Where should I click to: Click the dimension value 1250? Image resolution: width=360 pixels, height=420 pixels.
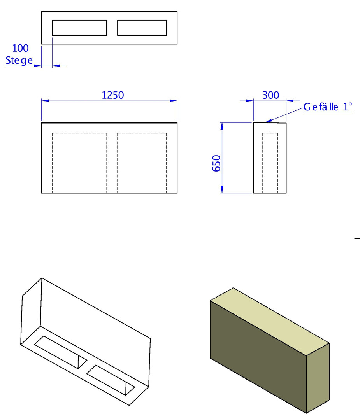click(x=113, y=95)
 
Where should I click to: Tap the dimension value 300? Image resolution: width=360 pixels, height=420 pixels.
click(x=271, y=95)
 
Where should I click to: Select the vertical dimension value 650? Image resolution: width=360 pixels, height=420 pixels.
click(x=216, y=163)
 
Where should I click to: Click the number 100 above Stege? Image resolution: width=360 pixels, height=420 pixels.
click(x=20, y=48)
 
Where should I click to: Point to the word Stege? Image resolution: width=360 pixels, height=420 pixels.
click(x=19, y=61)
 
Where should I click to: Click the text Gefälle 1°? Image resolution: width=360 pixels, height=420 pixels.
click(x=328, y=107)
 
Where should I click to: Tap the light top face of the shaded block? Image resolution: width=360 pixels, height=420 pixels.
click(x=269, y=322)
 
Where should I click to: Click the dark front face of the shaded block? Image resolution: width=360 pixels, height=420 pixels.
click(x=258, y=357)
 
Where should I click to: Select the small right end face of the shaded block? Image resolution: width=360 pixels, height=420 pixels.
click(x=318, y=378)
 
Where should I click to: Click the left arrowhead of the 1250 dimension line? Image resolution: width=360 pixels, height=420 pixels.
click(x=45, y=101)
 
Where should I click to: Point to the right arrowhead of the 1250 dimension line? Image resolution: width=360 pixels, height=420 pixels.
click(x=174, y=101)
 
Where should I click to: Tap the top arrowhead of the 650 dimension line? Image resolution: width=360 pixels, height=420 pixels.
click(x=222, y=126)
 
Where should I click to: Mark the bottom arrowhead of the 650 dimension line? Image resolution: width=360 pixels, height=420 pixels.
click(x=222, y=189)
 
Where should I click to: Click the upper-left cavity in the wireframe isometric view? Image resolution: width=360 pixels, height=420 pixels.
click(x=61, y=352)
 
